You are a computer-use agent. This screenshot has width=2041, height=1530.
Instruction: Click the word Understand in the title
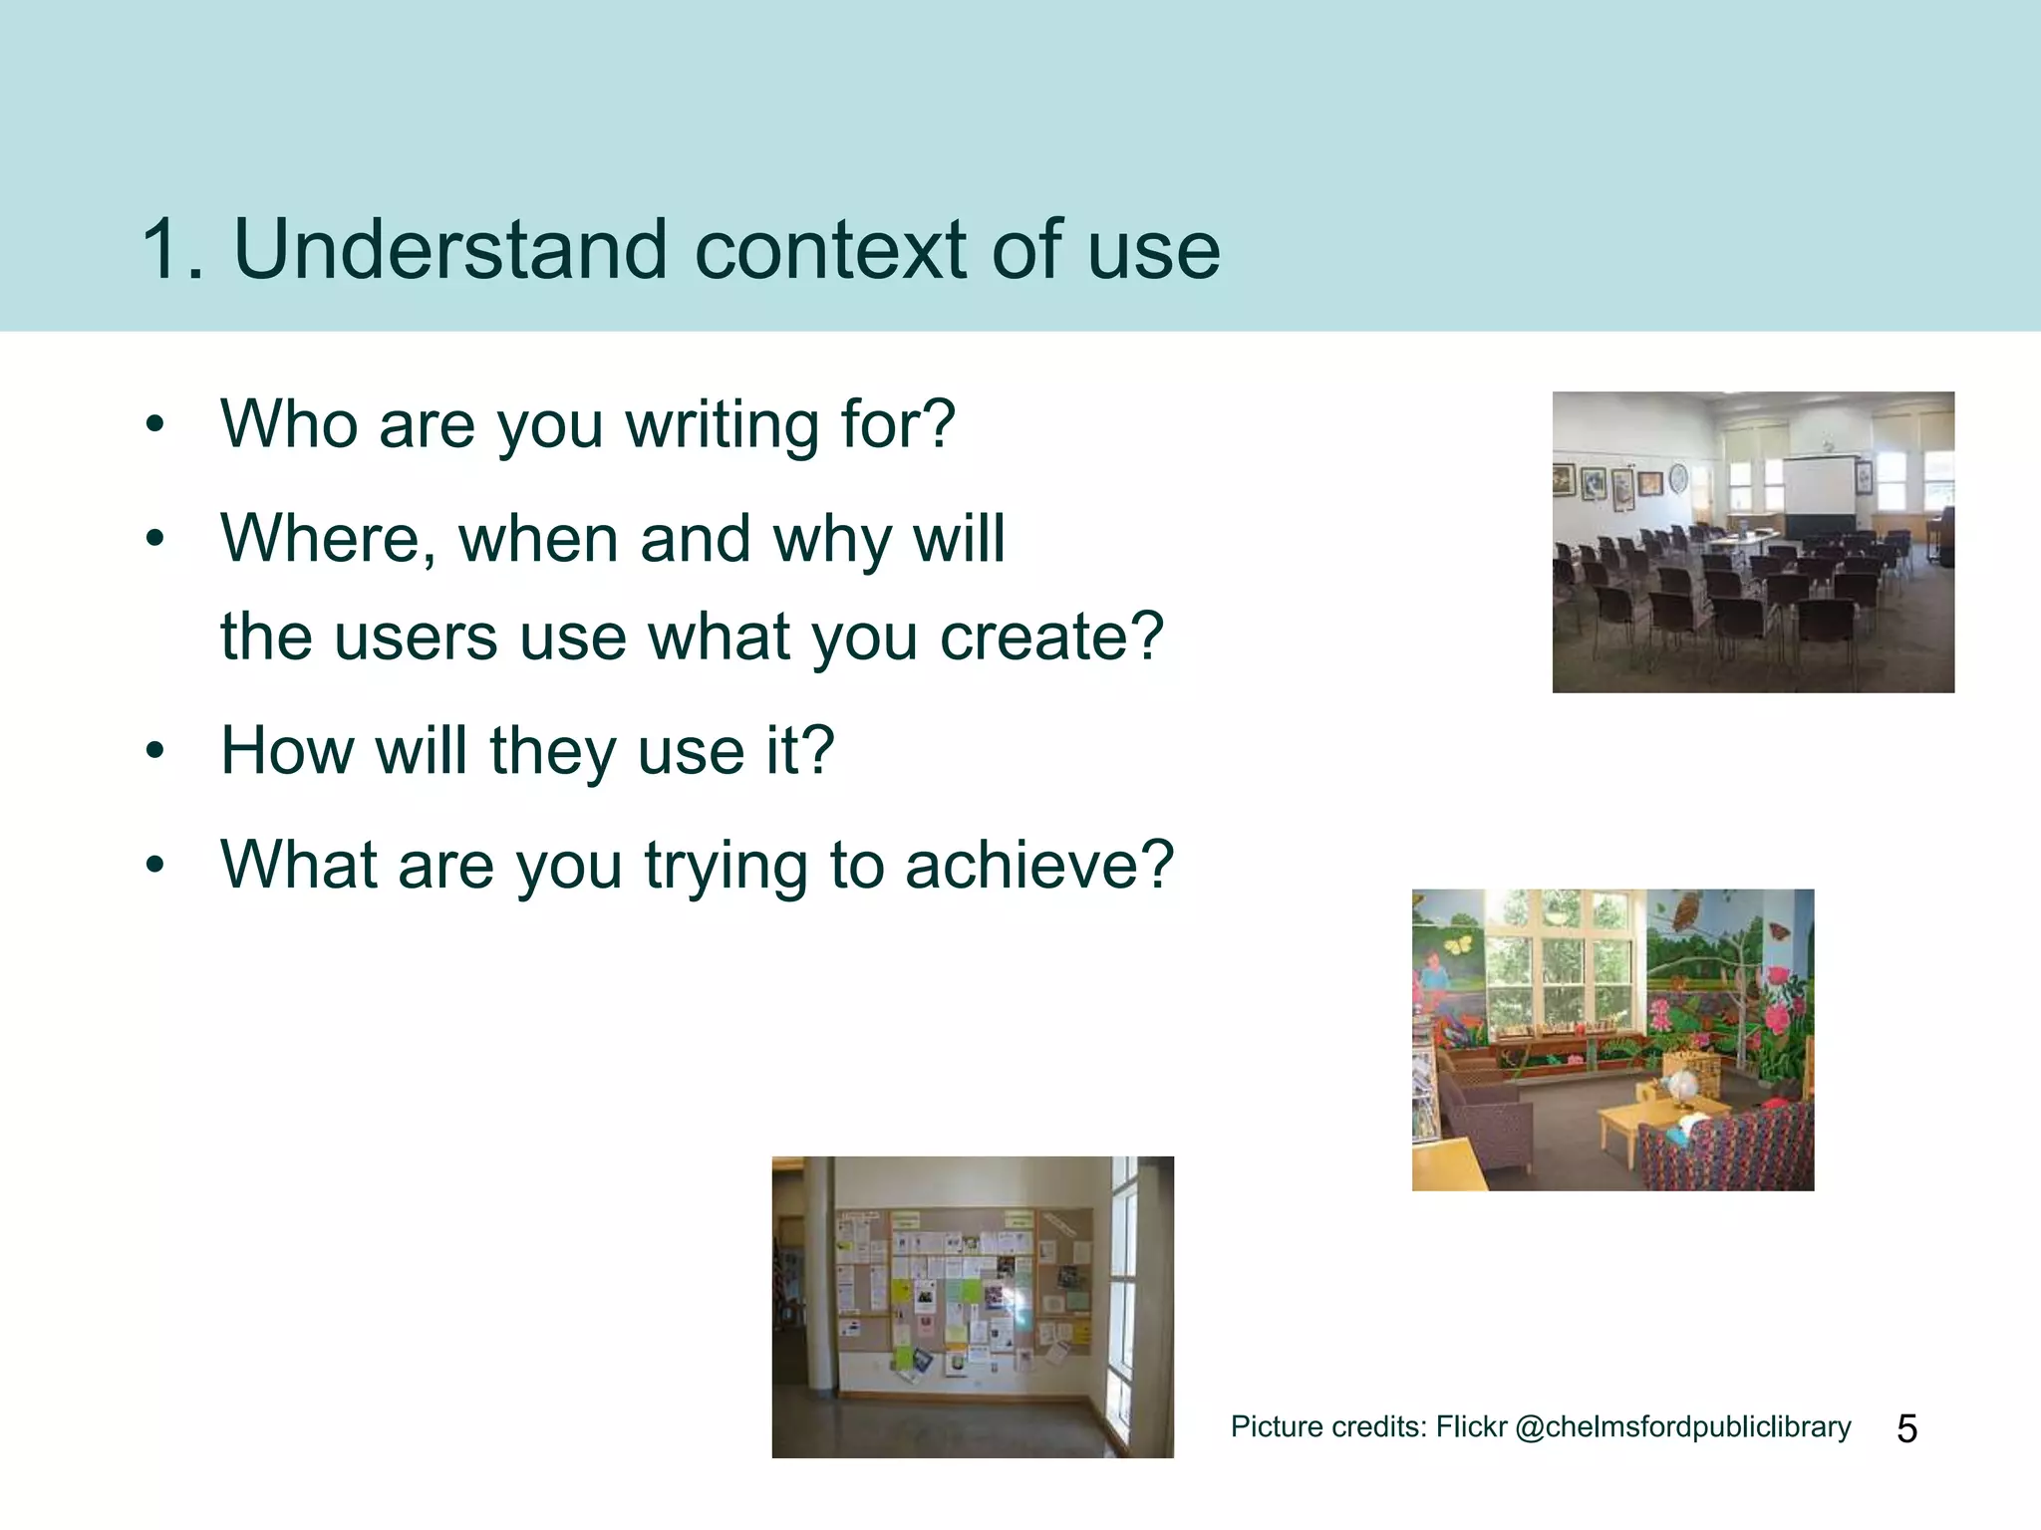tap(448, 249)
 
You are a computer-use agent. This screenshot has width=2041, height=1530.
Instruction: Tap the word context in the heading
tap(829, 249)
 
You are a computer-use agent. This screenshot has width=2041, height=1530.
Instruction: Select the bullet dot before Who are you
tap(153, 425)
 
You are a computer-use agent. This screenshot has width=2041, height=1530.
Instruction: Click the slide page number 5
tap(1906, 1428)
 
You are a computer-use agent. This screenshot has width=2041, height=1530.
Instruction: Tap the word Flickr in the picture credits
tap(1471, 1427)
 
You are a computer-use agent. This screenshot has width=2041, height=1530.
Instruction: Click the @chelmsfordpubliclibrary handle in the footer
tap(1682, 1427)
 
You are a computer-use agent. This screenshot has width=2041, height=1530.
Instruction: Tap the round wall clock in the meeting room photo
tap(1678, 479)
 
